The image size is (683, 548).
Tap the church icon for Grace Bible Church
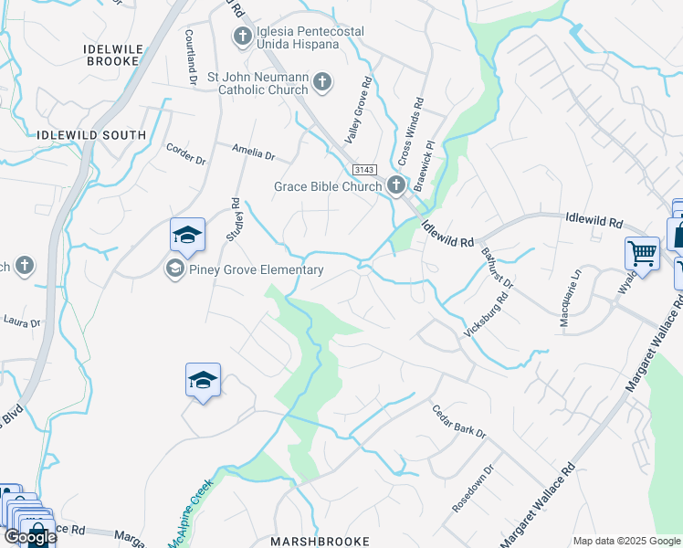coord(395,186)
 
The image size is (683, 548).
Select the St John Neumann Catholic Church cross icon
coord(321,83)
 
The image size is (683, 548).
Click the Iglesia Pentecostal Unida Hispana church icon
coord(242,37)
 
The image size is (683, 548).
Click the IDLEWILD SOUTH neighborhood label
coord(91,135)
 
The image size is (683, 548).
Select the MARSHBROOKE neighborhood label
coord(320,541)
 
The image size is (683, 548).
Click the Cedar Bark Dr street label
coord(459,422)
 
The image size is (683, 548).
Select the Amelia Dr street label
coord(253,154)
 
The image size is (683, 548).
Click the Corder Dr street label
coord(186,153)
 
